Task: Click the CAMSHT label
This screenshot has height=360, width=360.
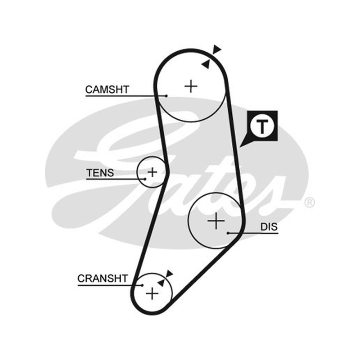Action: click(x=107, y=89)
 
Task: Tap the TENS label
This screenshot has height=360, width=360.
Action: click(x=100, y=173)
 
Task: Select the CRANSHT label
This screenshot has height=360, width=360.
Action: click(x=103, y=279)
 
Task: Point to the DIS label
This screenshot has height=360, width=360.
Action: click(x=269, y=227)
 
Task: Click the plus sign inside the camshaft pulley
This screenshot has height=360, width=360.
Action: click(x=191, y=86)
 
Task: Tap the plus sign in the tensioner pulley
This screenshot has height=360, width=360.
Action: click(x=152, y=172)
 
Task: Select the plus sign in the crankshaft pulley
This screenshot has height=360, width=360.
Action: click(x=152, y=294)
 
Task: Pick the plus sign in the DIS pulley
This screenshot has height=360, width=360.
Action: click(x=216, y=221)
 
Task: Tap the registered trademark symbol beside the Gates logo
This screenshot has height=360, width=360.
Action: click(x=309, y=202)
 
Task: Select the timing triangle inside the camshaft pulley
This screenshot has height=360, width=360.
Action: click(x=206, y=64)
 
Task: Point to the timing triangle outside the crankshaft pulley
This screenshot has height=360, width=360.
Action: click(x=169, y=274)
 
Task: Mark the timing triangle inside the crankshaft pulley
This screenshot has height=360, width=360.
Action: click(x=161, y=283)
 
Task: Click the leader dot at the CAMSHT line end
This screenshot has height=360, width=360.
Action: click(x=166, y=96)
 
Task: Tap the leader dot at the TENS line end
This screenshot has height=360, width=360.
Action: click(x=145, y=179)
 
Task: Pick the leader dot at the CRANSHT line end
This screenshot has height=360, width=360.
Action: click(x=142, y=285)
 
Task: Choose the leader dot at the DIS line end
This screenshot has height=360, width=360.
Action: click(x=228, y=233)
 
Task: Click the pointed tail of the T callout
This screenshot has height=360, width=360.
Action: click(x=240, y=147)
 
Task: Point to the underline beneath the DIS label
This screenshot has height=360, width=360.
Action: click(x=253, y=233)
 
